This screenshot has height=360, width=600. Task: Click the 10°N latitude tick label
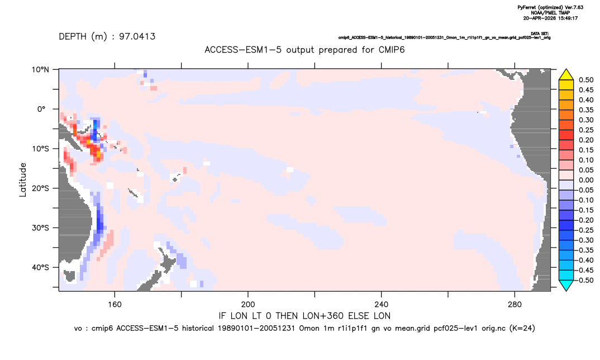tap(40, 70)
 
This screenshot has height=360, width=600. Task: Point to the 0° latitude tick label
tap(41, 109)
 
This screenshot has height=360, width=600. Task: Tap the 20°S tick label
tap(40, 188)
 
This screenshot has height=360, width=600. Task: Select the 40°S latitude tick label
tap(40, 267)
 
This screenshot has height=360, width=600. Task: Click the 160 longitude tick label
tap(115, 305)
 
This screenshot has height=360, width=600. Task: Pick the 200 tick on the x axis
tap(248, 305)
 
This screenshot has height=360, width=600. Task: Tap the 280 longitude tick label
tap(515, 305)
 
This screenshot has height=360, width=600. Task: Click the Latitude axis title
tap(23, 180)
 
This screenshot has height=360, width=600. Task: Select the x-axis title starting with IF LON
tap(304, 316)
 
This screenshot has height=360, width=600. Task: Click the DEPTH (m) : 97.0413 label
tap(107, 37)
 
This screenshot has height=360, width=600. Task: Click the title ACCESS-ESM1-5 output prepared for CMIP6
tap(304, 50)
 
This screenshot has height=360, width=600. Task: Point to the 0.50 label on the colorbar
tap(586, 80)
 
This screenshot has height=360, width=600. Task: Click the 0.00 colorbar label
tap(586, 181)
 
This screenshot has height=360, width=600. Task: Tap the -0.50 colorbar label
tap(585, 280)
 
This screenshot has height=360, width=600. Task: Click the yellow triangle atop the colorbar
tap(566, 75)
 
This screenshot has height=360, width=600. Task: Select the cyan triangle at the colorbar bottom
tap(566, 285)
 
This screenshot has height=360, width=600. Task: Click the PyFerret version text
tap(550, 8)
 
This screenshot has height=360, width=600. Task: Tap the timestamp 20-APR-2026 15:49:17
tap(550, 18)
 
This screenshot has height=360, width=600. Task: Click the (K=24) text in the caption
tap(522, 328)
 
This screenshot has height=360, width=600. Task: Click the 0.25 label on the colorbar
tap(586, 130)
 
